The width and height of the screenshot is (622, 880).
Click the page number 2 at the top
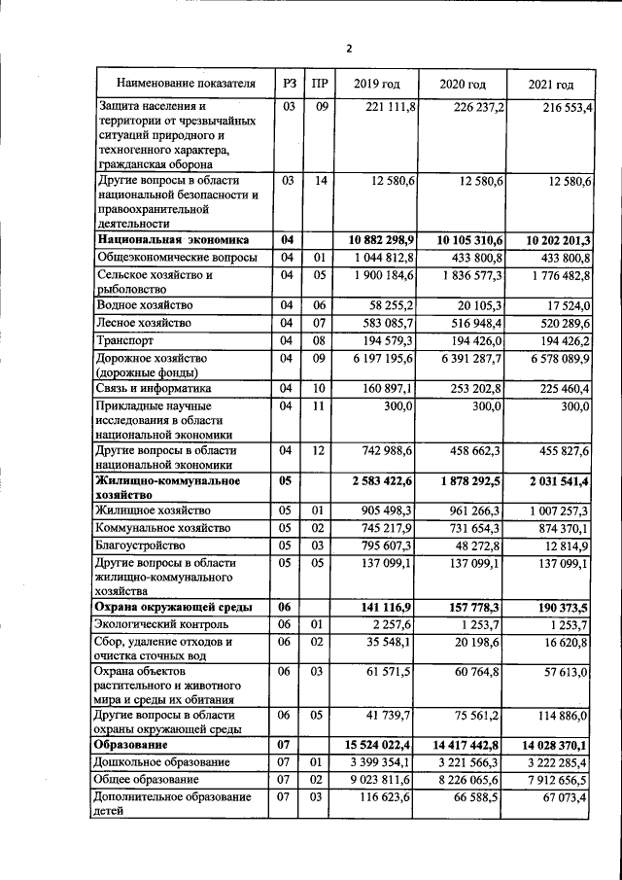[x=348, y=49]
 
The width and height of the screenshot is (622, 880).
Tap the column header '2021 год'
[x=550, y=84]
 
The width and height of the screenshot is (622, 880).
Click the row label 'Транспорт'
[x=127, y=340]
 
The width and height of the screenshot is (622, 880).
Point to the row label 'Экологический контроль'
[x=162, y=623]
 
